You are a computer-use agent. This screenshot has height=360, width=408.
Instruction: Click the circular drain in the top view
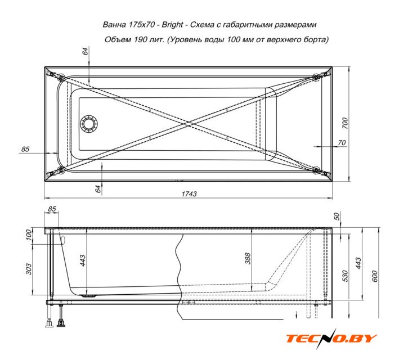click(x=89, y=123)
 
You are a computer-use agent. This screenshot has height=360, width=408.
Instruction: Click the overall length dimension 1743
click(x=189, y=194)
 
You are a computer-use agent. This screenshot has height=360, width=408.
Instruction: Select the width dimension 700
click(x=345, y=123)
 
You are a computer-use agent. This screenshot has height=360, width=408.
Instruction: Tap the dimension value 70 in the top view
click(x=342, y=142)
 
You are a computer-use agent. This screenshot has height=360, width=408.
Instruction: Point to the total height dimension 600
click(x=374, y=276)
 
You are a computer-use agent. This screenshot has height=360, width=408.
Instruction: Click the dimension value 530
click(x=345, y=276)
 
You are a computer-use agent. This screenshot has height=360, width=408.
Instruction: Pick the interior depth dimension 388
click(x=248, y=258)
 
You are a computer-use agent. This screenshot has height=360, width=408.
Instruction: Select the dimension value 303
click(x=29, y=269)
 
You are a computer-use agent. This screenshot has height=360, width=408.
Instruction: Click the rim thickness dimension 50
click(x=337, y=216)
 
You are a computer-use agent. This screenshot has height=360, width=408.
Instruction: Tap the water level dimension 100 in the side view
click(x=29, y=235)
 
